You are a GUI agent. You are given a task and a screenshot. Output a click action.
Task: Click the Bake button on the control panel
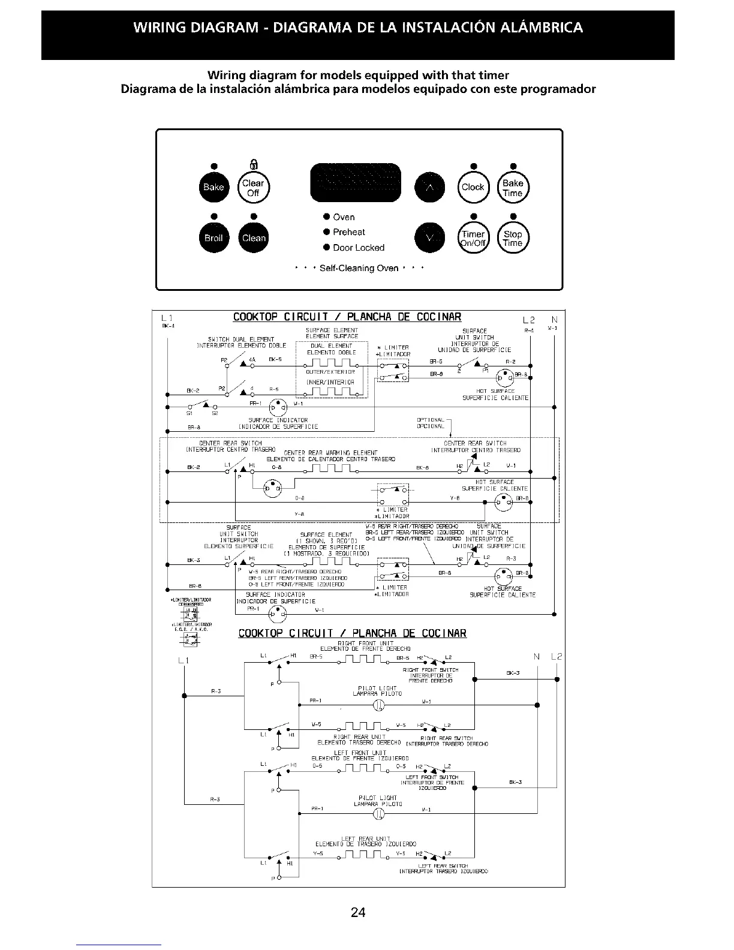(x=213, y=187)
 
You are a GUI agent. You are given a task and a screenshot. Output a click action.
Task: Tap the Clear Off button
(x=253, y=188)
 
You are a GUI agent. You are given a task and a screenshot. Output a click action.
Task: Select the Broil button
(x=213, y=237)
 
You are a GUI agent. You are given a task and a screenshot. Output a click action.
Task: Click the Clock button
(x=473, y=187)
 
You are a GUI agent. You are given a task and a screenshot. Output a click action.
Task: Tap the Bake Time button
(x=513, y=188)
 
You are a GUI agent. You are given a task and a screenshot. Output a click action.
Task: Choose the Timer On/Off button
(x=473, y=238)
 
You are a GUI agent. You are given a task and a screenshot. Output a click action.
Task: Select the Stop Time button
(x=513, y=238)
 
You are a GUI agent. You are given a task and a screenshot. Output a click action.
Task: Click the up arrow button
(x=430, y=187)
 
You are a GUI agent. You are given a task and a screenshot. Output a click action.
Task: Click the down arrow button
(x=430, y=238)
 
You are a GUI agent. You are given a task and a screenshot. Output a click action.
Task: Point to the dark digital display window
(x=354, y=182)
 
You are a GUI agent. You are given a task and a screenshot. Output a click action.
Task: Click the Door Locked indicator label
(x=358, y=248)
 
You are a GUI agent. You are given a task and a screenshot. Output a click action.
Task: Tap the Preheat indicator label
(x=348, y=232)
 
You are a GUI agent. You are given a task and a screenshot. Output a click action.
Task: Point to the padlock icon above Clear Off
(x=253, y=166)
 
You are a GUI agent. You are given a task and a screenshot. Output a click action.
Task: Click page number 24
(x=358, y=913)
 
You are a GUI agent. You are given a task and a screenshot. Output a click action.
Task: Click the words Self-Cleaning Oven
(x=359, y=268)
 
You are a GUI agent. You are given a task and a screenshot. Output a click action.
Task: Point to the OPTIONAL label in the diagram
(x=430, y=420)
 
